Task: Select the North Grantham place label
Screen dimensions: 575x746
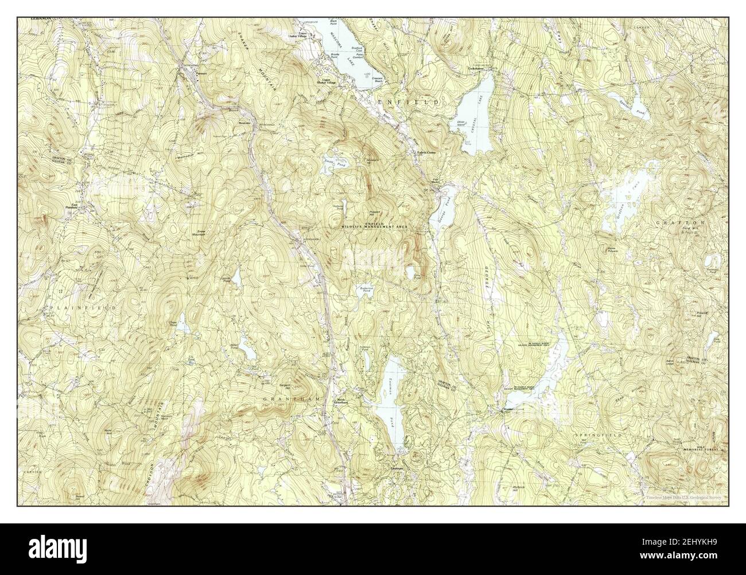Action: pyautogui.click(x=343, y=402)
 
